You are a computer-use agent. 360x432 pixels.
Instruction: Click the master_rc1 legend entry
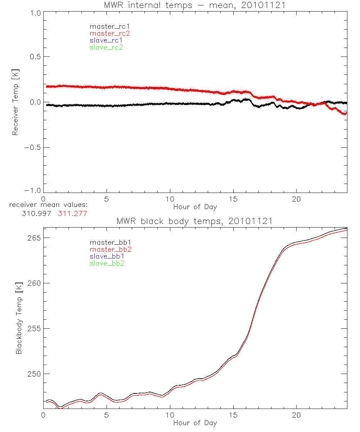click(x=107, y=26)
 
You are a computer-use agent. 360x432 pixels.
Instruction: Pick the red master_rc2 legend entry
click(x=110, y=33)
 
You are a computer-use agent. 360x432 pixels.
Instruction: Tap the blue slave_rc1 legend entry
click(x=106, y=40)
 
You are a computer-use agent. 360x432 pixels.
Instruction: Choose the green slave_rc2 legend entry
click(x=106, y=48)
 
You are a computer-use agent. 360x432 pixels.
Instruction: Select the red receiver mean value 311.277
click(x=72, y=213)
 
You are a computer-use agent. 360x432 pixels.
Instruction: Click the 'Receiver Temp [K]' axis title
click(x=15, y=102)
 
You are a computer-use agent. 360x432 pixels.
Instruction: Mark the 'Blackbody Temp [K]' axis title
click(x=19, y=318)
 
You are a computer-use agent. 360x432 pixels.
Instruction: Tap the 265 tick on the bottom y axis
click(x=34, y=238)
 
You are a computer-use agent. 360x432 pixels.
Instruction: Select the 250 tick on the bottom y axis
click(x=34, y=374)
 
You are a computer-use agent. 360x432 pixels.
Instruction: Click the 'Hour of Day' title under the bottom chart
click(x=195, y=423)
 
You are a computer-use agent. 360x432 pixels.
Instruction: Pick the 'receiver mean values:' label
click(x=49, y=205)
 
